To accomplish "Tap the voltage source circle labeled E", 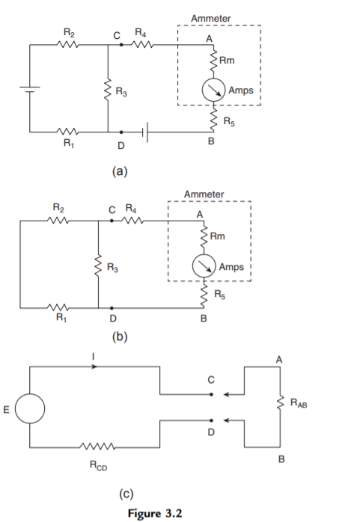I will (x=31, y=408).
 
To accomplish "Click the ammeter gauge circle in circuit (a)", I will (x=213, y=91).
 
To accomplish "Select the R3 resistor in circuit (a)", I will (x=109, y=91).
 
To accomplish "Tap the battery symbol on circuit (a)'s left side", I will (x=31, y=90).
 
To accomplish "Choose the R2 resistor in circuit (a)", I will (x=67, y=45).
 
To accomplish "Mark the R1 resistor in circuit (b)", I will (x=60, y=307).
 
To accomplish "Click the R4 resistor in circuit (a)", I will (x=143, y=45).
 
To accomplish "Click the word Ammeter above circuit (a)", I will (x=212, y=17).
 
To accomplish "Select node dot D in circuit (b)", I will (x=112, y=307).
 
